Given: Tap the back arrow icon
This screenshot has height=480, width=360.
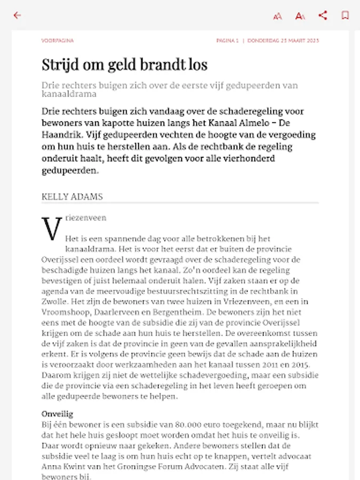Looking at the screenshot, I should [x=17, y=15].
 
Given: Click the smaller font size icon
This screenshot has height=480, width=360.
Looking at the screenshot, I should [x=277, y=16].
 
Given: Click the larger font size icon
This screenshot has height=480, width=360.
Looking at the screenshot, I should [x=300, y=16].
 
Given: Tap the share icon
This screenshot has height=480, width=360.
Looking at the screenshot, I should [x=323, y=15].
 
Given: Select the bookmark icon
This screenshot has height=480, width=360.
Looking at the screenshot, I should [x=345, y=15].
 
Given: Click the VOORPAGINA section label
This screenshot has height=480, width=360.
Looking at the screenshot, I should [x=58, y=41].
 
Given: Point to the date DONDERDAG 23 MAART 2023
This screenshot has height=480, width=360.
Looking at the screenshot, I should [x=283, y=41].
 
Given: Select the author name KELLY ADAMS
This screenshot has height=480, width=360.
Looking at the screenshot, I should [x=72, y=197].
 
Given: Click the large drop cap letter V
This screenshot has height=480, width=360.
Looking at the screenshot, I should [x=52, y=229].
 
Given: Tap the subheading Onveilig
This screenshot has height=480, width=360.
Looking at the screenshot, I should [x=57, y=414].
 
